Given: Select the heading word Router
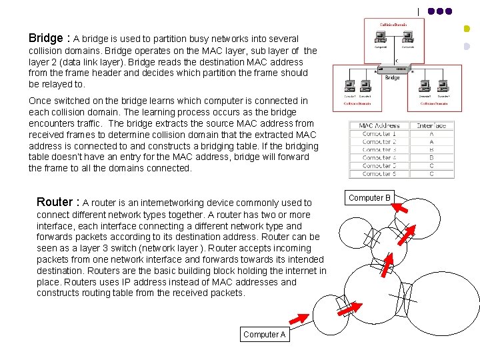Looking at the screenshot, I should (55, 202).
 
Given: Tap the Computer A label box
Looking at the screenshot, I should (265, 335).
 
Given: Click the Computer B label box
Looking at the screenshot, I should (370, 198).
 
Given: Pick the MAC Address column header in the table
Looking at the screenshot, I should (379, 125).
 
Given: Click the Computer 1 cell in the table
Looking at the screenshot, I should (379, 133).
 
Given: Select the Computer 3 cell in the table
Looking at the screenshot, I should (379, 149).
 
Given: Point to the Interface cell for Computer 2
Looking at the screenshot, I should (432, 141).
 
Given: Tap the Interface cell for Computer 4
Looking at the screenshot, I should (432, 157).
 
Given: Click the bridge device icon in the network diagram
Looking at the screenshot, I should (393, 69).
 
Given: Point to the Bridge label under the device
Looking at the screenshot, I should (393, 77).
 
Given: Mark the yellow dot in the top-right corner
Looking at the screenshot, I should (467, 29).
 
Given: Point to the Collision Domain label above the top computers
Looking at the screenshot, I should (393, 24).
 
